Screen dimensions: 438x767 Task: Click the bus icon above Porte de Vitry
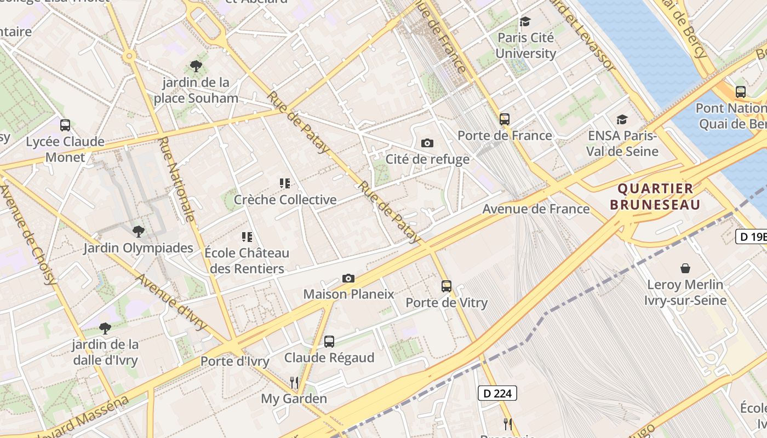click(447, 286)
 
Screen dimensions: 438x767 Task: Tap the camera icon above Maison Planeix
click(348, 278)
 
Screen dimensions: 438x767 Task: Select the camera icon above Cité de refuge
click(427, 143)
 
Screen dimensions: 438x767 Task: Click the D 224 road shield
click(497, 393)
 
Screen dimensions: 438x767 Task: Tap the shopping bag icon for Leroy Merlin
click(685, 268)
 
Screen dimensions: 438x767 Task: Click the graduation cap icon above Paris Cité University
click(525, 21)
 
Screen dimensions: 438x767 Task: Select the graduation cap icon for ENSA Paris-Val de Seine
click(622, 119)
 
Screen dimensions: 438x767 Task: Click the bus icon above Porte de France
click(505, 119)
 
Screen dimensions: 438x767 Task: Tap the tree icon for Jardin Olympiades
click(139, 232)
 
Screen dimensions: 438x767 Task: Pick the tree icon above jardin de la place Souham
click(196, 66)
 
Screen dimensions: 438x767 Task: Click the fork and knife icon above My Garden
click(294, 382)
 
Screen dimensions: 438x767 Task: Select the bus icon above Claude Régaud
click(329, 342)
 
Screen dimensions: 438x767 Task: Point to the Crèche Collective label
click(285, 200)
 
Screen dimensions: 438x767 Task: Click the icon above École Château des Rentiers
click(247, 237)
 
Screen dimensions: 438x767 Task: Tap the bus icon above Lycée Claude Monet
click(65, 125)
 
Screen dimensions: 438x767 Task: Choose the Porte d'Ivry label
click(234, 361)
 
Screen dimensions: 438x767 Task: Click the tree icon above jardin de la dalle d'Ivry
click(105, 328)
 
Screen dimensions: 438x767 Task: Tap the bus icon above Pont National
click(740, 92)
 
